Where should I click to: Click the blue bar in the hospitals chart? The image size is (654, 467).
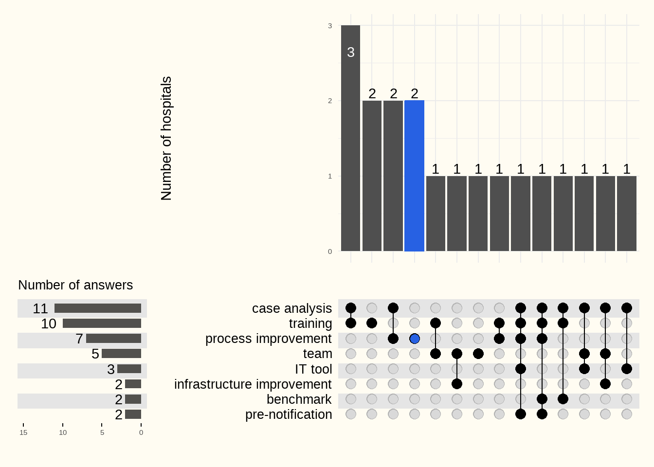click(x=414, y=176)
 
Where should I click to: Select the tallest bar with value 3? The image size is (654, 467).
click(x=350, y=138)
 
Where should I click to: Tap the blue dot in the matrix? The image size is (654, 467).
click(x=415, y=339)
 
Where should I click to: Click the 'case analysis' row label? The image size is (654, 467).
click(x=291, y=308)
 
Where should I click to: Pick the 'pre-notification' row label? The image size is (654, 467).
click(x=289, y=414)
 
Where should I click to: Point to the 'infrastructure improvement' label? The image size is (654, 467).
click(x=253, y=384)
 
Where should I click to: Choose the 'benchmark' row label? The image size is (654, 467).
click(x=299, y=399)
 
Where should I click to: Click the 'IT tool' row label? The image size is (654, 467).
click(x=313, y=369)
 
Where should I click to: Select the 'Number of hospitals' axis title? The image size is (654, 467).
click(x=166, y=138)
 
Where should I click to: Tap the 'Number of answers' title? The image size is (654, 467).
click(x=75, y=285)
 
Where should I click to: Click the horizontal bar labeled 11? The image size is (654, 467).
click(x=98, y=308)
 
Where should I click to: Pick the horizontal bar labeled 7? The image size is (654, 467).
click(x=113, y=339)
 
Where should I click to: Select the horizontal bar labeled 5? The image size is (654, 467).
click(x=121, y=354)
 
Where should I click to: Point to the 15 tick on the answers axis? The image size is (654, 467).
click(x=23, y=432)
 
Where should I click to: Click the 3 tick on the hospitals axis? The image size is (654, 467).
click(x=330, y=26)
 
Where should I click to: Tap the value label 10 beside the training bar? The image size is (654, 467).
click(x=49, y=323)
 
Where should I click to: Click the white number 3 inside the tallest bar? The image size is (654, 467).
click(x=351, y=52)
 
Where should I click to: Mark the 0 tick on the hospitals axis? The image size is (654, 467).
click(x=330, y=251)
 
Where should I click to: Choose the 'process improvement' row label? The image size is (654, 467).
click(x=268, y=339)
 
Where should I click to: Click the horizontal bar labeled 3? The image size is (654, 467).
click(x=129, y=369)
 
